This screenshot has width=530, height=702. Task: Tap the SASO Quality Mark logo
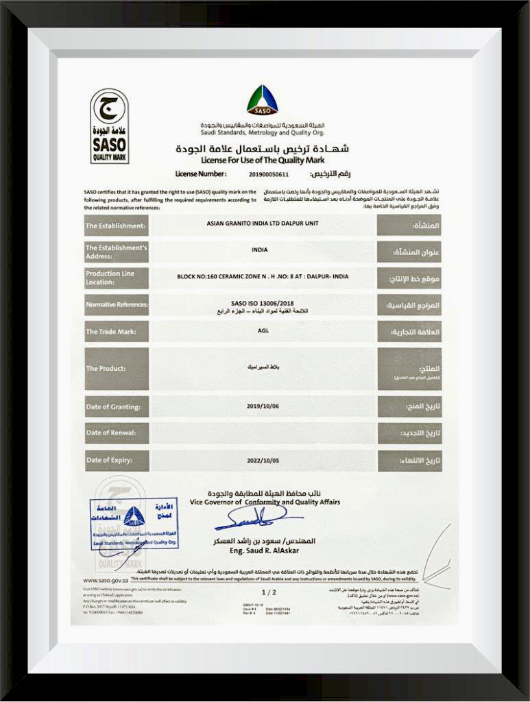[109, 125]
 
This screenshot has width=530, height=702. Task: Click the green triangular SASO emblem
[263, 100]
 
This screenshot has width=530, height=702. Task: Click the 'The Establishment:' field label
[116, 225]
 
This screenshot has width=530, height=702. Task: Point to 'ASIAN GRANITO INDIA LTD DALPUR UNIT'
[262, 224]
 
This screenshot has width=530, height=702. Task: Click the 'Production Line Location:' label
[116, 277]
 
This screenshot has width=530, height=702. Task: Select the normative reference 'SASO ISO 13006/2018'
[263, 300]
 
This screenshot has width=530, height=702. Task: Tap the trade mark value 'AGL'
[263, 331]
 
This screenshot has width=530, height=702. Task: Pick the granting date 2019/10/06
[263, 406]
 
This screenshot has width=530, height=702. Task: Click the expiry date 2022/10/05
[263, 460]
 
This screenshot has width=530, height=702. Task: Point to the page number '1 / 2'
[269, 591]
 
